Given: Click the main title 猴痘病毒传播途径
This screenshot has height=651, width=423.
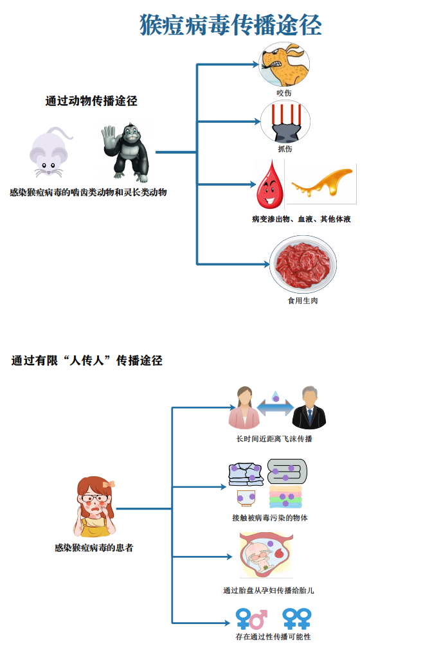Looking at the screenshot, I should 231,25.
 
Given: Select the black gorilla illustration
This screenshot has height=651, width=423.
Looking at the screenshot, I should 127,152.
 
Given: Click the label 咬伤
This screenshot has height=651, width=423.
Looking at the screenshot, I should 284,93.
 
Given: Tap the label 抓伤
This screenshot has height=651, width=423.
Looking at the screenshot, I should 285,149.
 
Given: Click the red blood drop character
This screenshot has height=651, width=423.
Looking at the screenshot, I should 269,186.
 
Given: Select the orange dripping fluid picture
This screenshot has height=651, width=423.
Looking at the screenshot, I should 321,183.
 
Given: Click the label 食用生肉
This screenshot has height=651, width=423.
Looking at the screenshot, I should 302,300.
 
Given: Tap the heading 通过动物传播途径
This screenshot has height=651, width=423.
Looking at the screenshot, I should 91,101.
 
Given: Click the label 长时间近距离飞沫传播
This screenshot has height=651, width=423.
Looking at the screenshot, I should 274,439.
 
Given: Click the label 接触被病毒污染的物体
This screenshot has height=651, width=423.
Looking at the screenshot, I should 270,517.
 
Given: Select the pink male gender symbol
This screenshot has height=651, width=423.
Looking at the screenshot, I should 258,619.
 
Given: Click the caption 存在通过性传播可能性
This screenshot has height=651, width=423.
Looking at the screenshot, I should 273,637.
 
